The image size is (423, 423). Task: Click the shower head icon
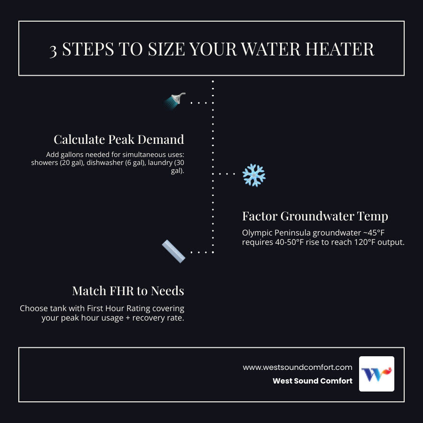[x=175, y=101]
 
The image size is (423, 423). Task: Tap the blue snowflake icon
[x=254, y=175]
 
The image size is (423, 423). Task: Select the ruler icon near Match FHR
[x=173, y=251]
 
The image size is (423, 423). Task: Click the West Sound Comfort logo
[x=376, y=374]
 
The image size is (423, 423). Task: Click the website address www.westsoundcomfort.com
[x=298, y=368]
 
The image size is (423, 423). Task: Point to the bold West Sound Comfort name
[x=312, y=381]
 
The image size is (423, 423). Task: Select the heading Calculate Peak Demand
[x=119, y=140]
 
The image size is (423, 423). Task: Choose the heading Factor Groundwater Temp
[x=315, y=216]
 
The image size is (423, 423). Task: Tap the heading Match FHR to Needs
[x=128, y=291]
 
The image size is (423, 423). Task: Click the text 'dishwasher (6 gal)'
[x=115, y=163]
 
